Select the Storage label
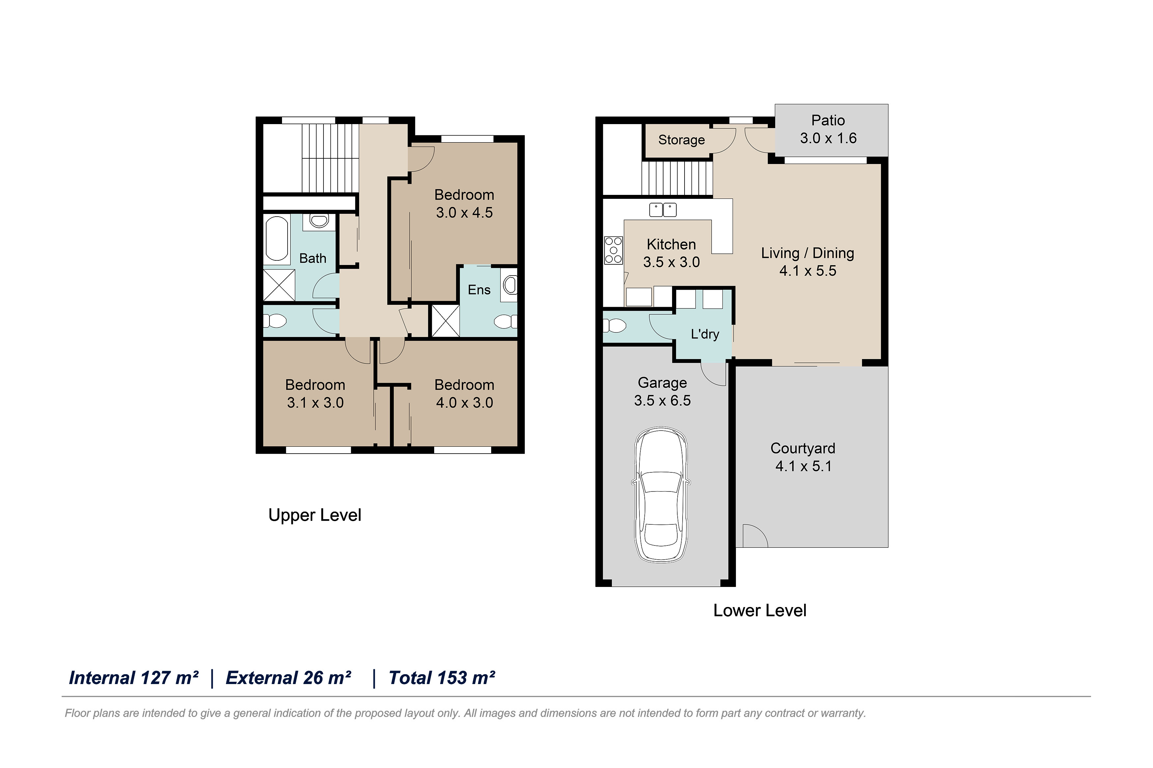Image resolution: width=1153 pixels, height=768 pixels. pyautogui.click(x=681, y=140)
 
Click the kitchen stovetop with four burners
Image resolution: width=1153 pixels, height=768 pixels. pyautogui.click(x=613, y=250)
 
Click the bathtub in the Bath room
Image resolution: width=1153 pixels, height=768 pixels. pyautogui.click(x=277, y=239)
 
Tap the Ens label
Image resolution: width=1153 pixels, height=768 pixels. pyautogui.click(x=479, y=290)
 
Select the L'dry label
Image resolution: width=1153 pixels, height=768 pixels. pyautogui.click(x=705, y=334)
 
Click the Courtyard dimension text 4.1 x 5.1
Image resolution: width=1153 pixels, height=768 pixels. pyautogui.click(x=803, y=466)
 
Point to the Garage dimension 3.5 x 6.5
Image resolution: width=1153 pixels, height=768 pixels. pyautogui.click(x=662, y=401)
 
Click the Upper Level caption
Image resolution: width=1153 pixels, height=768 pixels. pyautogui.click(x=315, y=515)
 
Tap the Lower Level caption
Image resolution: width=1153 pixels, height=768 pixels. pyautogui.click(x=760, y=610)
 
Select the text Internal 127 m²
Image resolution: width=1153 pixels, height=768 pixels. pyautogui.click(x=134, y=678)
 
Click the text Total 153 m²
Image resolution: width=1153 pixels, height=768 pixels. pyautogui.click(x=441, y=678)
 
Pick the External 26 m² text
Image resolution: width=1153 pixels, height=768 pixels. pyautogui.click(x=288, y=678)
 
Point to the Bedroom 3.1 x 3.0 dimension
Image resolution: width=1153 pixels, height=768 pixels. pyautogui.click(x=315, y=403)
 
